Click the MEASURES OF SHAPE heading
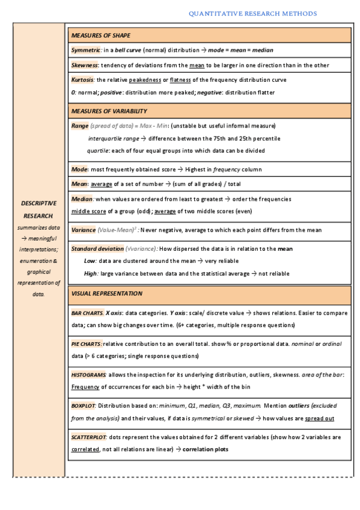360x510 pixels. pos(100,35)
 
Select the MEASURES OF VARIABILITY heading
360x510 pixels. pos(109,111)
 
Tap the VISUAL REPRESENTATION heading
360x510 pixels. pos(106,293)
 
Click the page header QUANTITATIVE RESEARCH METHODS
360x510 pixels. pos(252,13)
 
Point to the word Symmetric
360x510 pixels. pos(85,51)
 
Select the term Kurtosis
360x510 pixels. pos(82,80)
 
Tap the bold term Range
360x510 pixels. pos(79,126)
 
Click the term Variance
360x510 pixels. pos(83,230)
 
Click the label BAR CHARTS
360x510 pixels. pos(87,313)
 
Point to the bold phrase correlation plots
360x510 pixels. pos(205,449)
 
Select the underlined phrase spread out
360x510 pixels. pos(320,418)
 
